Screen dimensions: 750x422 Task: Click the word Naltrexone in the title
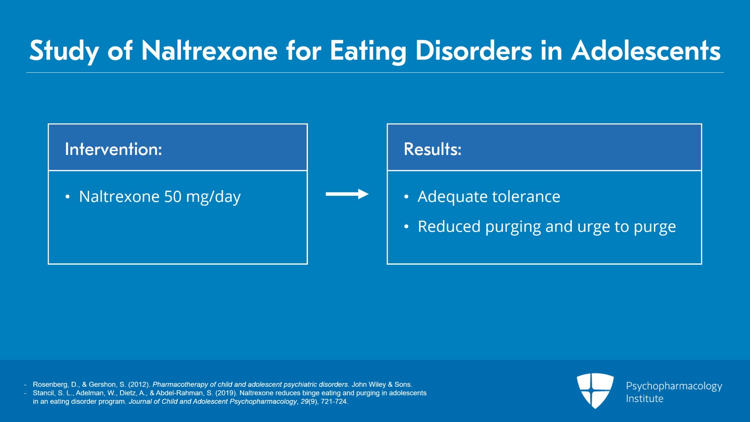tap(209, 51)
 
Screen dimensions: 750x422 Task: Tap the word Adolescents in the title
tap(646, 51)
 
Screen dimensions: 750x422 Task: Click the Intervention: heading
tap(113, 149)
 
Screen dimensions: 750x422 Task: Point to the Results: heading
tap(433, 149)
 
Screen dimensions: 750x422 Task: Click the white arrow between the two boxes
tap(347, 194)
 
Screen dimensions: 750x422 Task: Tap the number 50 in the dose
tap(173, 197)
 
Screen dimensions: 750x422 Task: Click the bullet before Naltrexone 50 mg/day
tap(67, 197)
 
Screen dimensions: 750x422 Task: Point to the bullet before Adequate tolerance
tap(406, 197)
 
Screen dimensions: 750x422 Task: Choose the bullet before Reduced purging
tap(406, 227)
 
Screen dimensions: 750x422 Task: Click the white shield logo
tap(595, 391)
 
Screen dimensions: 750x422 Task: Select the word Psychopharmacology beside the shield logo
tap(674, 386)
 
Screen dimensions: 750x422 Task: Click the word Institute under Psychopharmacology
tap(645, 399)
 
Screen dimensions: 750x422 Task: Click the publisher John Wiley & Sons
tap(382, 384)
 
